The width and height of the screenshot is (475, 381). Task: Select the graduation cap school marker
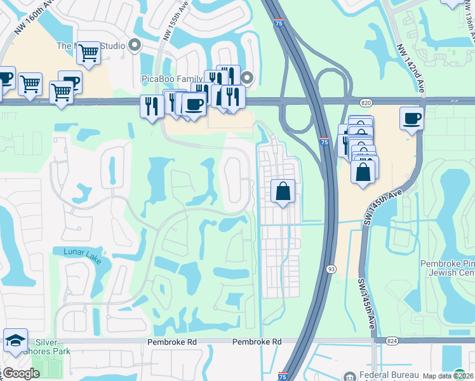15,340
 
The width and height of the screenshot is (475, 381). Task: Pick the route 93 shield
331,269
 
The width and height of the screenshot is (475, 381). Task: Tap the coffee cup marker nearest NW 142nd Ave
411,118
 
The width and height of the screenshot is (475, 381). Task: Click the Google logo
21,373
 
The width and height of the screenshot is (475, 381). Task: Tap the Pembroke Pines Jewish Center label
448,268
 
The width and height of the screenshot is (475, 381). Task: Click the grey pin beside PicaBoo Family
248,78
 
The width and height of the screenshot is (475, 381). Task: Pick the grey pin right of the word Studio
135,45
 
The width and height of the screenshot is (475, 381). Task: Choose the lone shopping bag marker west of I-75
283,190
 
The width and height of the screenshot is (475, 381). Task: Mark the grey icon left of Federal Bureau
349,375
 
